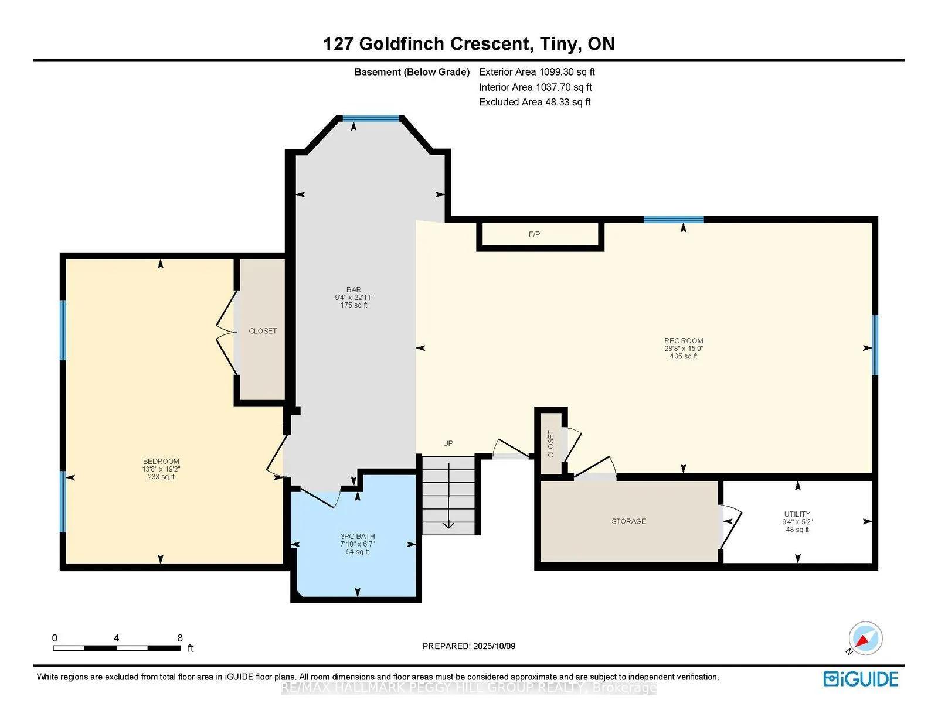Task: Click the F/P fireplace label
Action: [x=534, y=234]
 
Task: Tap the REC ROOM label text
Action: [x=684, y=340]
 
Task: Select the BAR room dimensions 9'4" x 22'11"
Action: [x=354, y=298]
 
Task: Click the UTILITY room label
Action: [x=797, y=514]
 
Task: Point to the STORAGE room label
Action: [x=628, y=521]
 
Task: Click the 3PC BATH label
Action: [x=358, y=536]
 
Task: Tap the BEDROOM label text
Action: [x=161, y=461]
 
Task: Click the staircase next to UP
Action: [x=448, y=495]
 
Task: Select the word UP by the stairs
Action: [x=448, y=443]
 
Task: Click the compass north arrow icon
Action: [x=865, y=638]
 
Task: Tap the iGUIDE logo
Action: [x=861, y=679]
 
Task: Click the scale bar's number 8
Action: [x=180, y=638]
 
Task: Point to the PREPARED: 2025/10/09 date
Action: [x=469, y=646]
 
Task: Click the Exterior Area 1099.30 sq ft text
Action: [x=537, y=72]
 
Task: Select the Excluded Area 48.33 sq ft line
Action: [x=535, y=102]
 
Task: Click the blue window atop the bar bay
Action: [x=371, y=118]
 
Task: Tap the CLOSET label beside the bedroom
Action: [x=262, y=331]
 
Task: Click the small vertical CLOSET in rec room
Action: [x=550, y=443]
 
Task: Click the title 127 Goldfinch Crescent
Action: [x=427, y=44]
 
